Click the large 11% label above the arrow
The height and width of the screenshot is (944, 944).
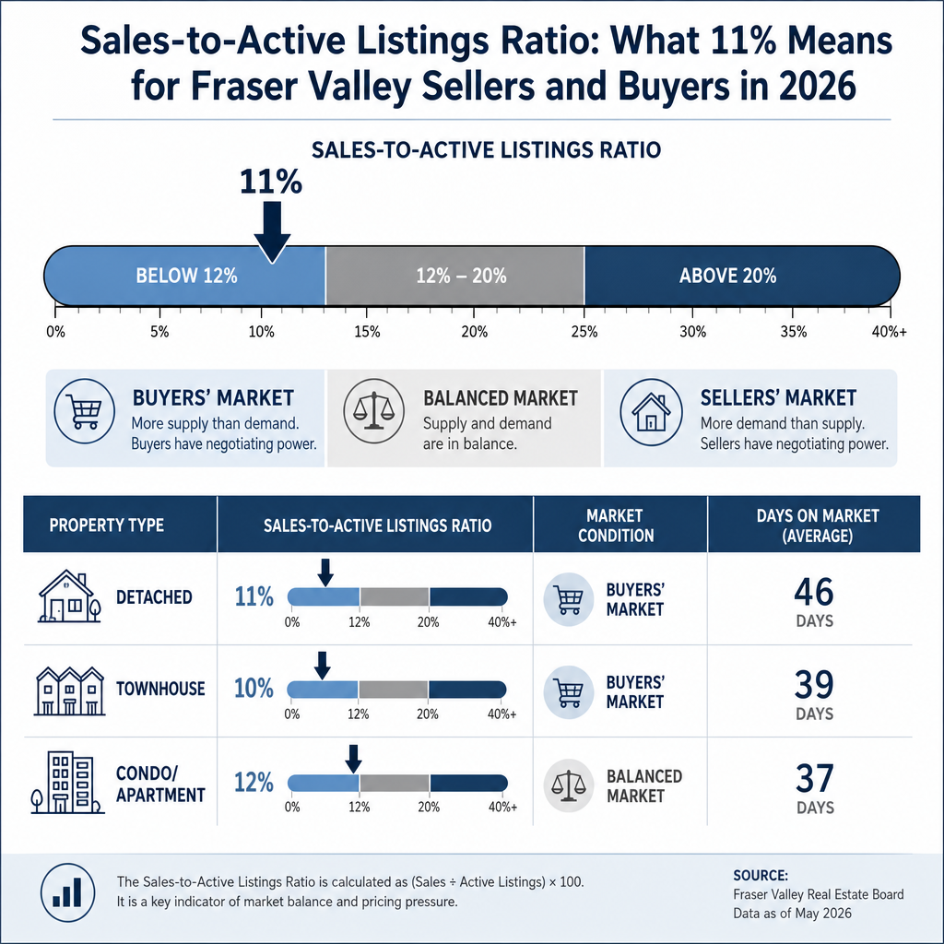click(271, 182)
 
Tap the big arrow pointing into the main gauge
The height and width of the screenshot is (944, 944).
click(272, 232)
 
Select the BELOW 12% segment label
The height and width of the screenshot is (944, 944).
click(186, 276)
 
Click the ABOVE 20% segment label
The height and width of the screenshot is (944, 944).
click(728, 276)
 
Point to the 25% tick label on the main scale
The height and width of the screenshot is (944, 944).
click(584, 332)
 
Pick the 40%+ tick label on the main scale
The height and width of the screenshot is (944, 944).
click(889, 332)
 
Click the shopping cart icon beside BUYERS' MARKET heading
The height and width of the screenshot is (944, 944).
click(84, 411)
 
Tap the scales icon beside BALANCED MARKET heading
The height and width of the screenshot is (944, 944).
click(374, 411)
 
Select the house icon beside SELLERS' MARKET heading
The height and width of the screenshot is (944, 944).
click(652, 412)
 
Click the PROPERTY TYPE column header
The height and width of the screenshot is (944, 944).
click(107, 525)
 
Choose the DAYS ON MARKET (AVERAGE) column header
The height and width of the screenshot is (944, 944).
click(818, 525)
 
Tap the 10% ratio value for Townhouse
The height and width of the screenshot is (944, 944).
click(254, 688)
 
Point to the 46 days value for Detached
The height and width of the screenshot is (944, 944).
click(814, 592)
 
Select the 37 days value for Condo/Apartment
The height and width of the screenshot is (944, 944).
click(815, 778)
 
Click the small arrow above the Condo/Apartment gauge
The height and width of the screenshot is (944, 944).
click(353, 759)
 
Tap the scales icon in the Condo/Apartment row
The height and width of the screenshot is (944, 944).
click(568, 785)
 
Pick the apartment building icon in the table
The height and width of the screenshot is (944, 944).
click(67, 782)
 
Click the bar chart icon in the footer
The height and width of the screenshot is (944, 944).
click(67, 892)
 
